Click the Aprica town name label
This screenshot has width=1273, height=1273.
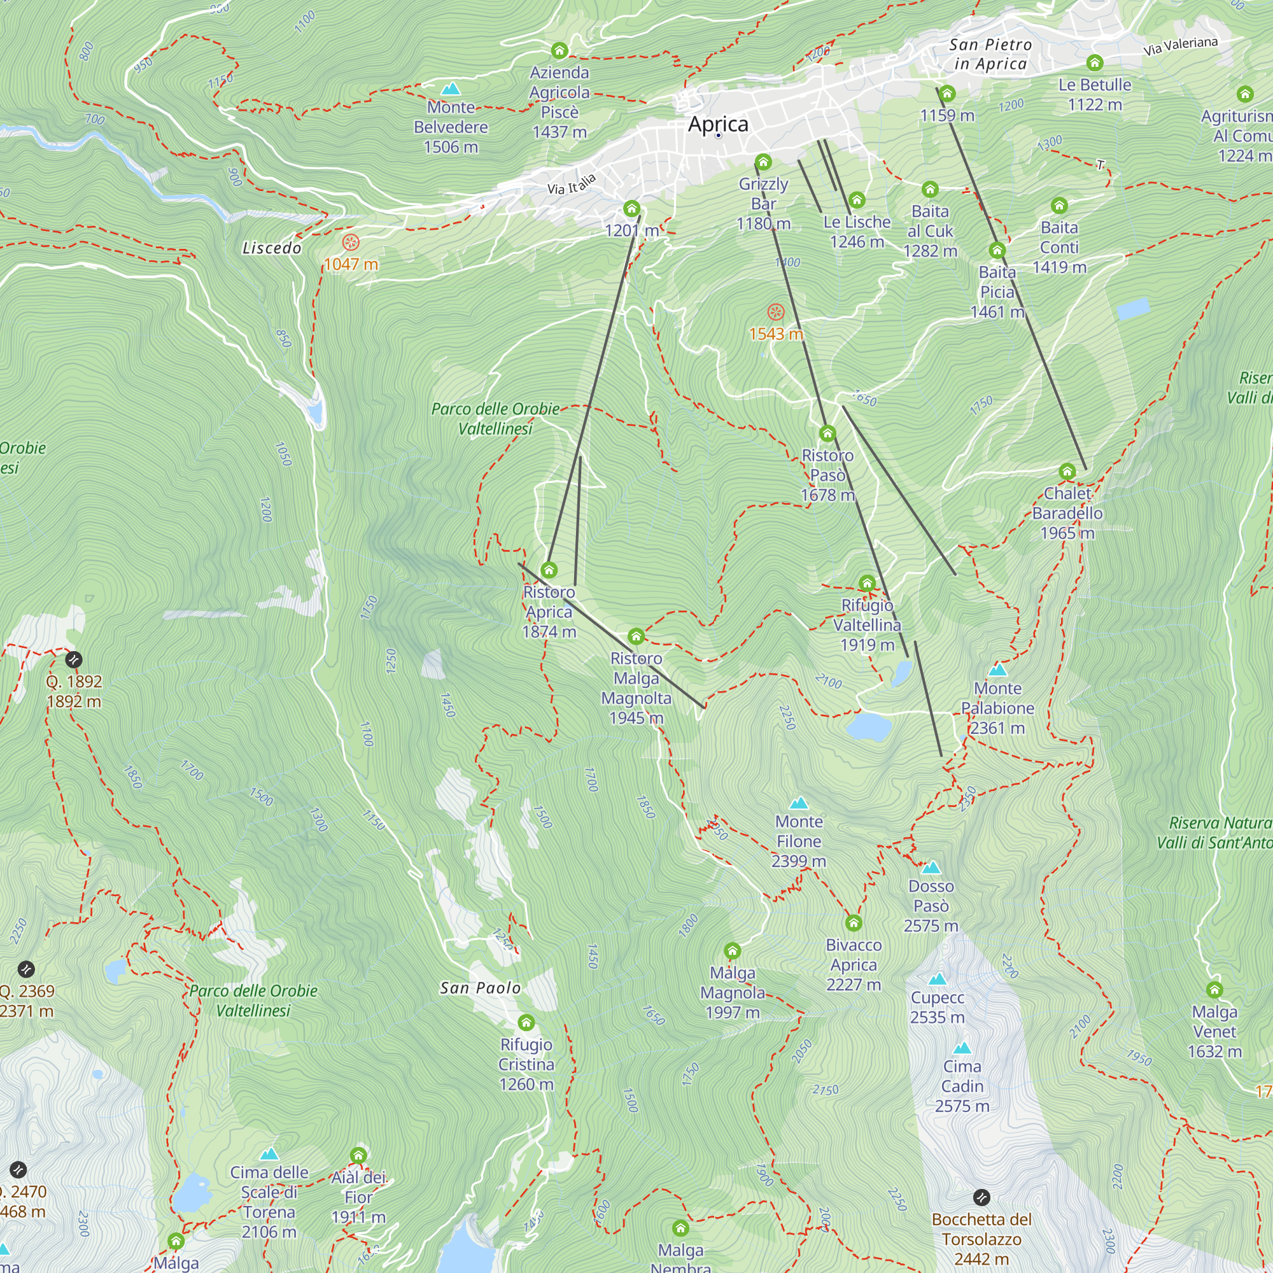pyautogui.click(x=717, y=124)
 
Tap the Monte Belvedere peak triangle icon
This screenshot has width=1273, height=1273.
pyautogui.click(x=451, y=88)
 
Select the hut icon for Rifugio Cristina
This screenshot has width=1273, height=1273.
pyautogui.click(x=526, y=1023)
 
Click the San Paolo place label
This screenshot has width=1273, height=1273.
pyautogui.click(x=481, y=988)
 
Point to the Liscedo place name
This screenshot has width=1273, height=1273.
pyautogui.click(x=272, y=248)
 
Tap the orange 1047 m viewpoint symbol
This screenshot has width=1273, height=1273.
pyautogui.click(x=351, y=243)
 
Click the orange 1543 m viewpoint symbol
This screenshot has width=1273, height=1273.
pyautogui.click(x=776, y=313)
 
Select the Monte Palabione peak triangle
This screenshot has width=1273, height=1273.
pyautogui.click(x=997, y=670)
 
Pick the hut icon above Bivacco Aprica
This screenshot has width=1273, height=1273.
pyautogui.click(x=854, y=922)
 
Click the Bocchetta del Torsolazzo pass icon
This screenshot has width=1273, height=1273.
pyautogui.click(x=981, y=1197)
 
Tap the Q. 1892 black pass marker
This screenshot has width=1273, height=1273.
pyautogui.click(x=74, y=659)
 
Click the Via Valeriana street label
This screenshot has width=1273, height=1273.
pyautogui.click(x=1180, y=46)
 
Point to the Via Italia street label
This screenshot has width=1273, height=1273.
pyautogui.click(x=572, y=185)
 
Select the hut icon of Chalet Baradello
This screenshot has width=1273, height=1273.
pyautogui.click(x=1067, y=471)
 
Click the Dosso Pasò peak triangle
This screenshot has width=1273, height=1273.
pyautogui.click(x=931, y=867)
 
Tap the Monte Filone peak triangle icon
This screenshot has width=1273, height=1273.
pyautogui.click(x=799, y=803)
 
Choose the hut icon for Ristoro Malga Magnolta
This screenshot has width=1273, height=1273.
pyautogui.click(x=636, y=636)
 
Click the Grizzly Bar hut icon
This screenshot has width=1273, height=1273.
pyautogui.click(x=763, y=162)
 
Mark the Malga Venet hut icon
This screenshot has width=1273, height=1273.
pyautogui.click(x=1214, y=990)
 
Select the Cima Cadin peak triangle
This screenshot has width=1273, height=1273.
pyautogui.click(x=962, y=1048)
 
